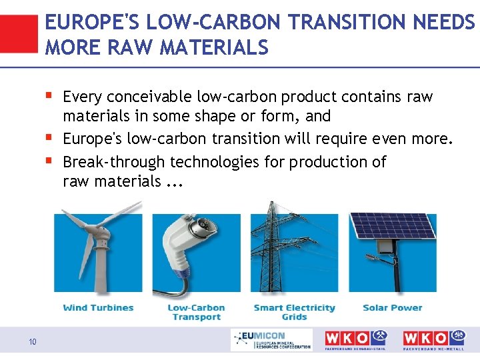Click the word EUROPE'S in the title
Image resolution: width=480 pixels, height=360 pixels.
click(x=86, y=23)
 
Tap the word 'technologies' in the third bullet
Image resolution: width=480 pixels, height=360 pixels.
click(x=212, y=162)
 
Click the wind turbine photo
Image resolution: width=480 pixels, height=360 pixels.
click(x=94, y=252)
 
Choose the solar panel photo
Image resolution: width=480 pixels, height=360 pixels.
click(x=393, y=252)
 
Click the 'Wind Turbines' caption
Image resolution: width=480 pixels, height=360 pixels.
click(x=98, y=308)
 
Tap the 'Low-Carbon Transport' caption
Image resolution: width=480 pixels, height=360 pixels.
click(x=196, y=312)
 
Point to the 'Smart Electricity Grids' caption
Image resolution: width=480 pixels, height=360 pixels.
click(x=294, y=312)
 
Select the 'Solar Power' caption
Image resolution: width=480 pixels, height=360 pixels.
click(x=393, y=308)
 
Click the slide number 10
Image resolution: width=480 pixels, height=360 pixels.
click(x=33, y=343)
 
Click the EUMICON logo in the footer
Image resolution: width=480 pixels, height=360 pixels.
click(x=271, y=341)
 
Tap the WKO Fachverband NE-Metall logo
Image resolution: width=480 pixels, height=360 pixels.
click(x=434, y=340)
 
